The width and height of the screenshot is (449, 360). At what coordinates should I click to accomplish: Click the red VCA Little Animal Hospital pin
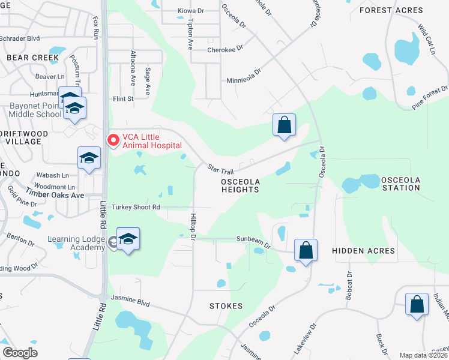click(112, 140)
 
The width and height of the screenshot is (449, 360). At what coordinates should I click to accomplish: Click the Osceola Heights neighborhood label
click(240, 185)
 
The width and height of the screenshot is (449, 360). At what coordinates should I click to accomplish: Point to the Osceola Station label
click(401, 184)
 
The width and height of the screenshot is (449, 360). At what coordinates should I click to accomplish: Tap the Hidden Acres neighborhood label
click(364, 251)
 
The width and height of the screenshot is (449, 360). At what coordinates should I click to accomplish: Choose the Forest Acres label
click(391, 10)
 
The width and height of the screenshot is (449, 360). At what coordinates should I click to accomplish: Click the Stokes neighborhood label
click(226, 306)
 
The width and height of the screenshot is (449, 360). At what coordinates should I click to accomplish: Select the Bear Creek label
click(33, 58)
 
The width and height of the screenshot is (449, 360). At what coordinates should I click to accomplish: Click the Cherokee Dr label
click(225, 49)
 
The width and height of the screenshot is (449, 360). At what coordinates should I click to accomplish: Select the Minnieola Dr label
click(244, 74)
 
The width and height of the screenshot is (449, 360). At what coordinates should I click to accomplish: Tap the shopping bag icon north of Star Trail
click(285, 125)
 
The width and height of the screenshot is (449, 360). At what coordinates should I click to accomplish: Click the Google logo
click(20, 353)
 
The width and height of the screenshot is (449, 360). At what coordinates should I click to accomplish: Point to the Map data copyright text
click(423, 355)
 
